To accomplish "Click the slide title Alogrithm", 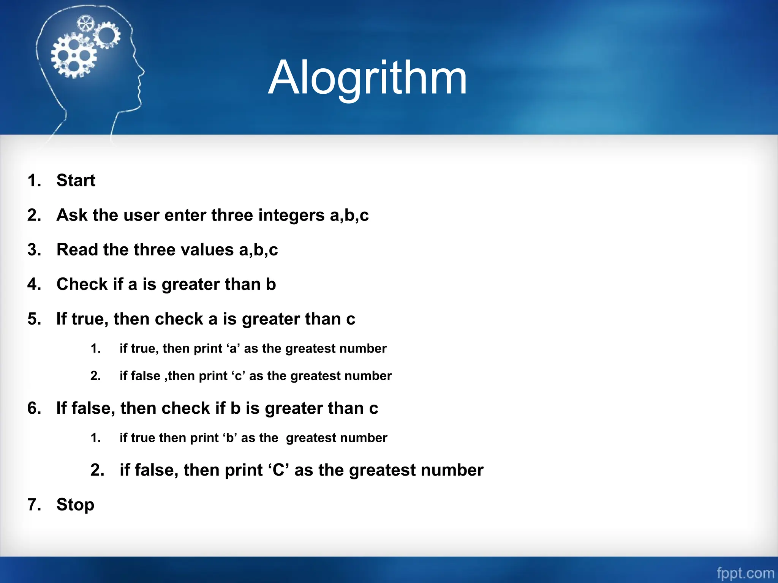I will [x=367, y=78].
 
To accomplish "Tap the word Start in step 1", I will [x=76, y=180].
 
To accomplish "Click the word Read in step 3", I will [x=77, y=250].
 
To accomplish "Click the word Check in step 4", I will [x=82, y=284].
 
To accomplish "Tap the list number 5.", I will [x=34, y=319].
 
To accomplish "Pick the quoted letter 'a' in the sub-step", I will [x=233, y=348].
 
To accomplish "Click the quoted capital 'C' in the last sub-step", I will [x=278, y=470].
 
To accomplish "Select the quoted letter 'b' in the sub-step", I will [x=229, y=438].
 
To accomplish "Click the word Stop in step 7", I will [x=75, y=505].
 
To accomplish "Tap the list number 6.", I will [x=34, y=408].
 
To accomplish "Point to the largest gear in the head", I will [x=74, y=55].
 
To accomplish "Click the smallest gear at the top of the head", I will [x=85, y=24].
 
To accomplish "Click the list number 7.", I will [x=34, y=505].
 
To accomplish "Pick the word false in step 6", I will [x=91, y=408].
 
